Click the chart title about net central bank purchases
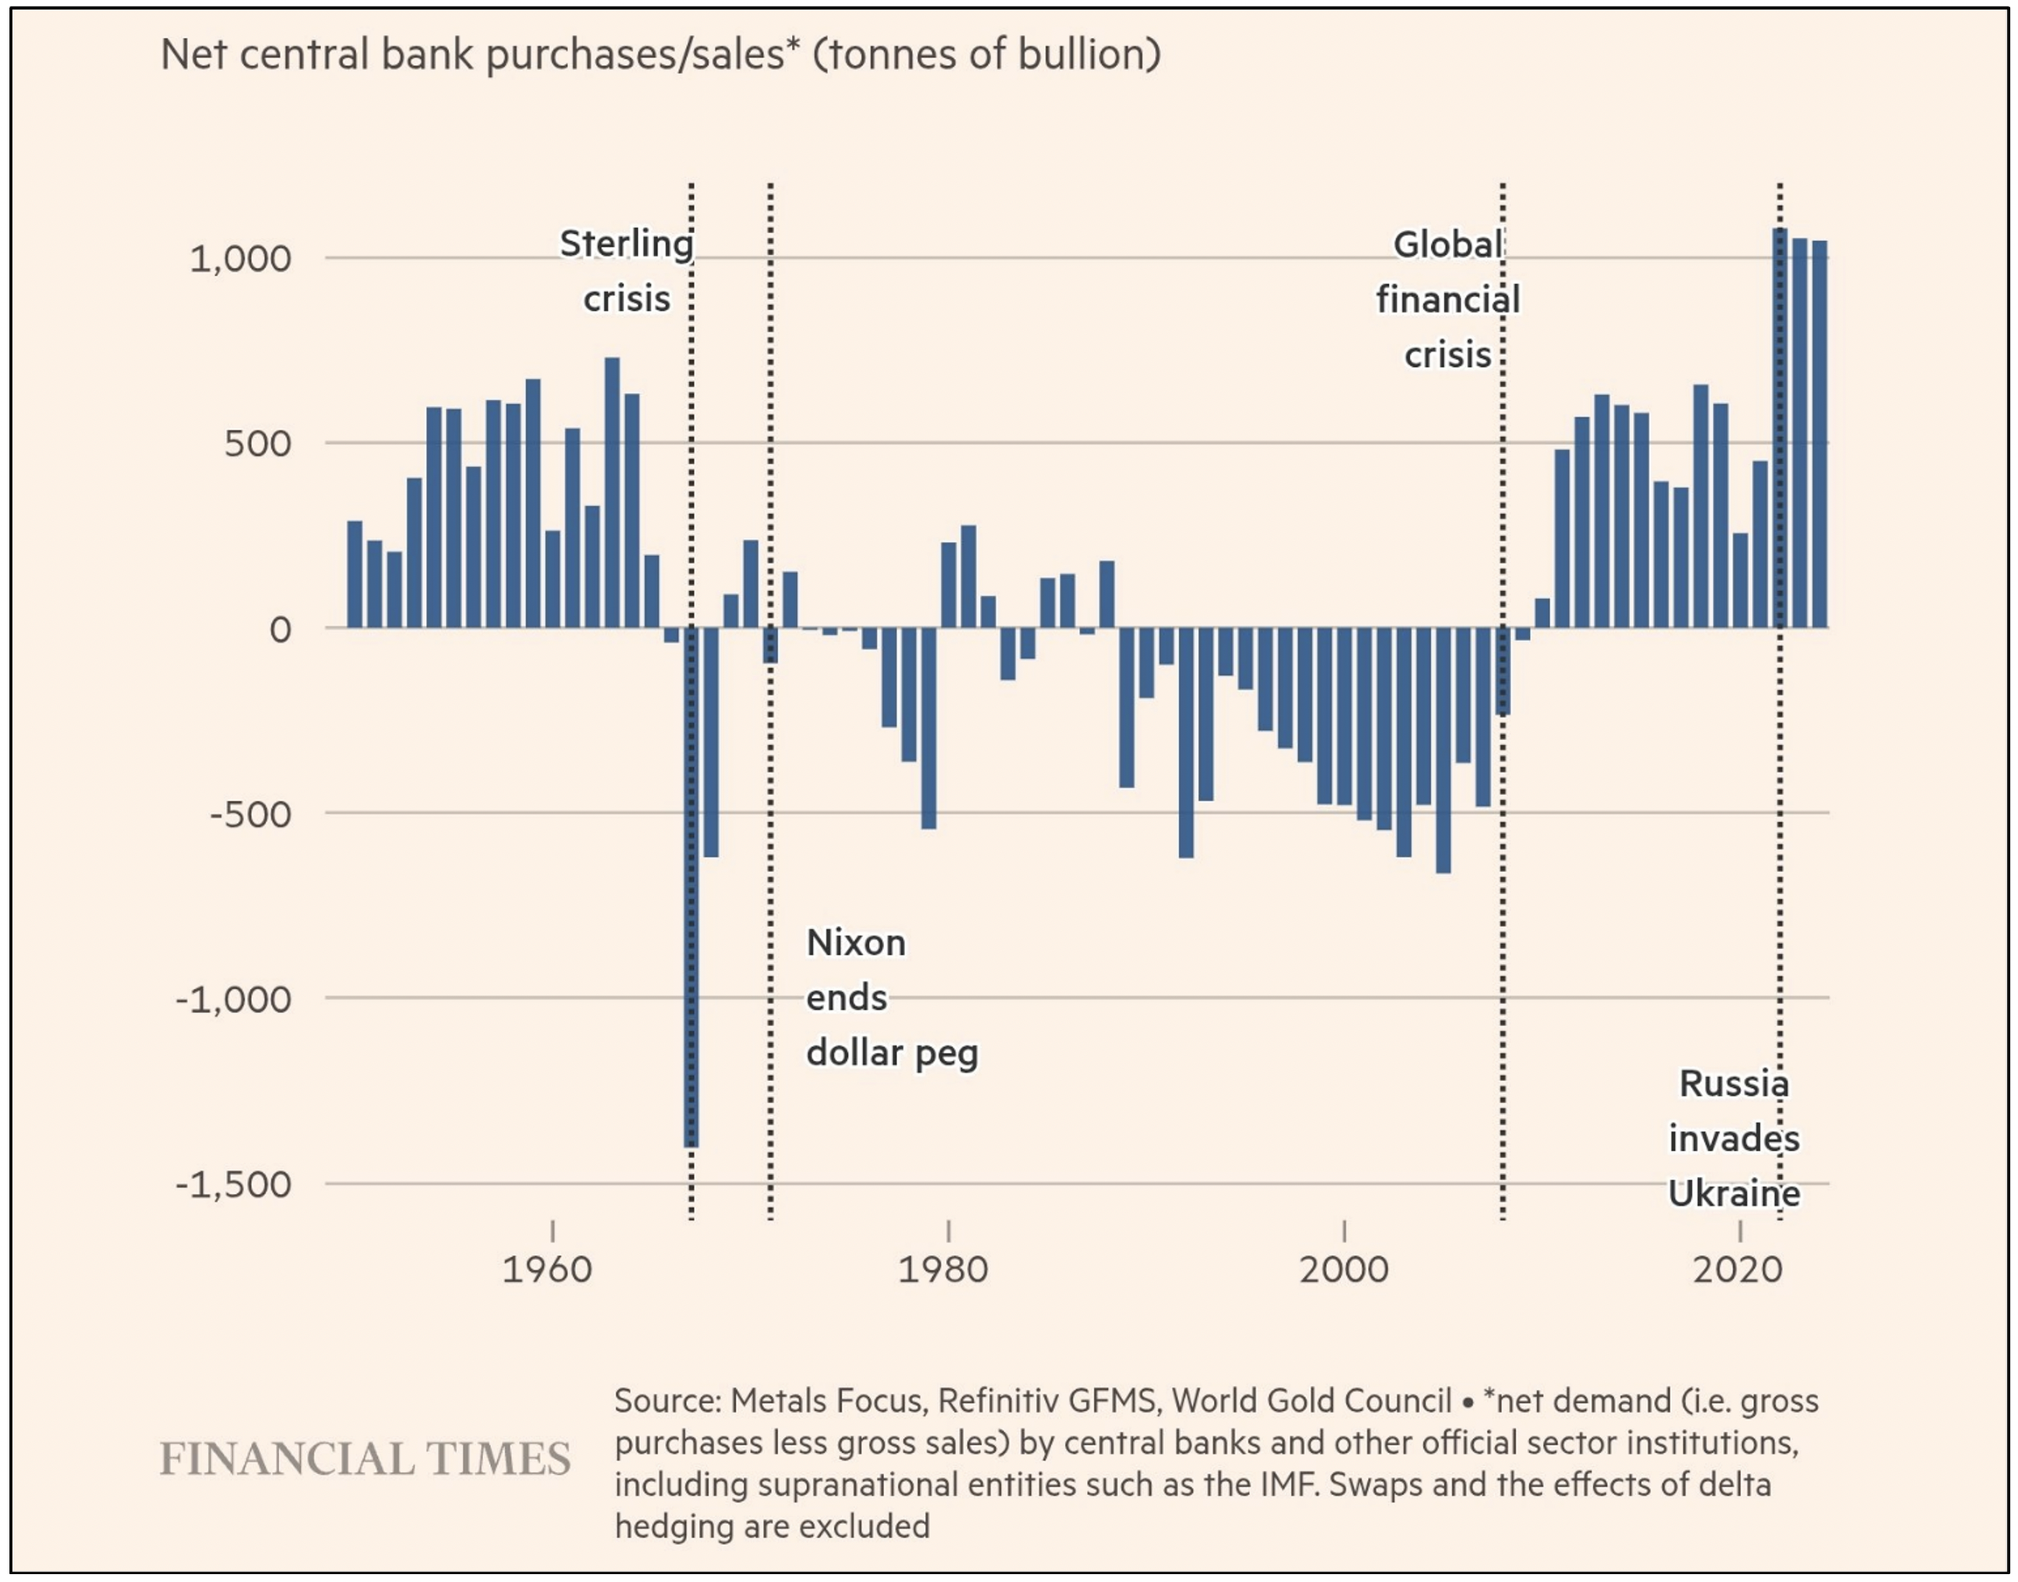(x=659, y=55)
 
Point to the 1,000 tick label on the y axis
(x=240, y=258)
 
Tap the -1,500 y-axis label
(x=233, y=1184)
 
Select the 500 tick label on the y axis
(x=257, y=444)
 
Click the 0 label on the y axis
(x=280, y=630)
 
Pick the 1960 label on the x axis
(x=546, y=1269)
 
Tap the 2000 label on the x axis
(x=1343, y=1269)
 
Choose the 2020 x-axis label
(x=1737, y=1269)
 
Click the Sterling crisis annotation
(x=626, y=271)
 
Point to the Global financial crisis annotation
(x=1447, y=299)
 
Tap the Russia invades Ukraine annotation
(x=1734, y=1138)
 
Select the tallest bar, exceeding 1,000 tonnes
(x=1780, y=426)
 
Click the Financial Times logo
(x=365, y=1459)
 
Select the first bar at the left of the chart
(x=354, y=574)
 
